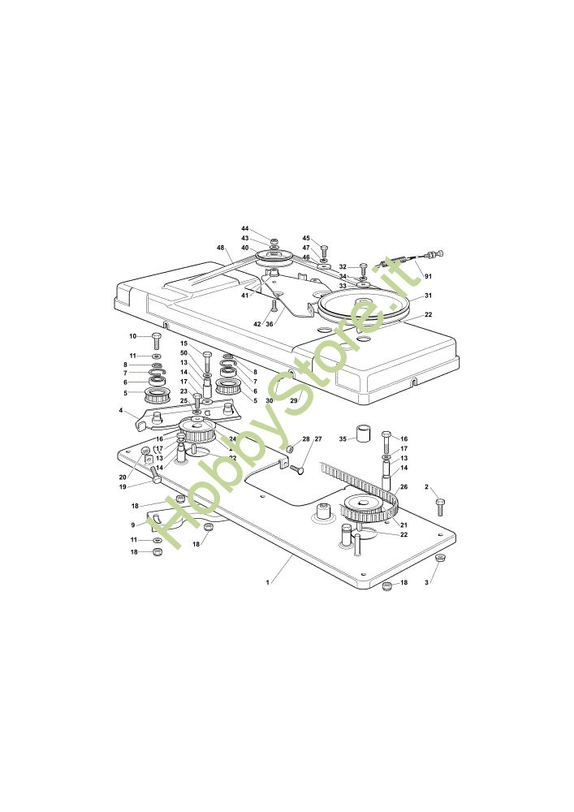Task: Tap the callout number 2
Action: [427, 487]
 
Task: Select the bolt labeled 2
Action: [440, 507]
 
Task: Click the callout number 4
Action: [122, 412]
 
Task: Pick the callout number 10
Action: [132, 336]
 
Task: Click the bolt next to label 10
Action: [157, 340]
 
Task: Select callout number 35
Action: [343, 438]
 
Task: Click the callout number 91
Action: [428, 277]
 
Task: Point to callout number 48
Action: [220, 248]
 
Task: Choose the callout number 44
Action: [244, 229]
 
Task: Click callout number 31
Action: [428, 296]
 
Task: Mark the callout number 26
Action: [404, 487]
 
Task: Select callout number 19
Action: [123, 487]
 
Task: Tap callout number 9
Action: [133, 525]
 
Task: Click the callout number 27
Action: [318, 439]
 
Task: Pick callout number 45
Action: [306, 239]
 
